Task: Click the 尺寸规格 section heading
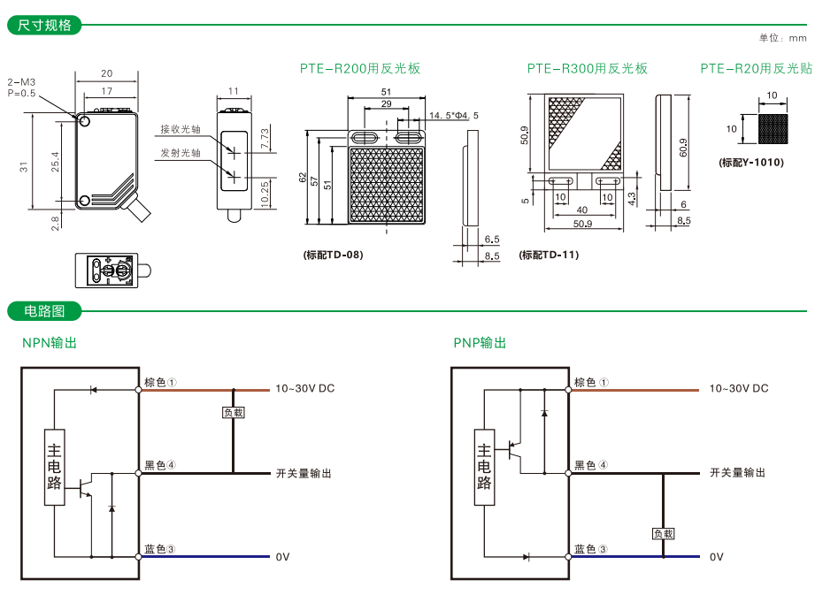coord(44,25)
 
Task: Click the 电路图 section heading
coord(44,311)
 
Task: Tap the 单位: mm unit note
coord(782,38)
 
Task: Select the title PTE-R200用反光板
coord(359,68)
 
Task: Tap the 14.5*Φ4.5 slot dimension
coord(453,115)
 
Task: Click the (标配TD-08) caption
coord(333,255)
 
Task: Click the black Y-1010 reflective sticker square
coord(772,129)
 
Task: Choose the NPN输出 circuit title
coord(49,343)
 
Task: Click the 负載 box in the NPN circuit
coord(233,412)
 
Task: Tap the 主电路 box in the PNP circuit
coord(485,467)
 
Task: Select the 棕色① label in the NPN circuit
coord(161,383)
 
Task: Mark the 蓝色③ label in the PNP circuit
coord(591,549)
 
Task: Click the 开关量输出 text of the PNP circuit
coord(737,473)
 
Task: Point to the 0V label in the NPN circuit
coord(283,557)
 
